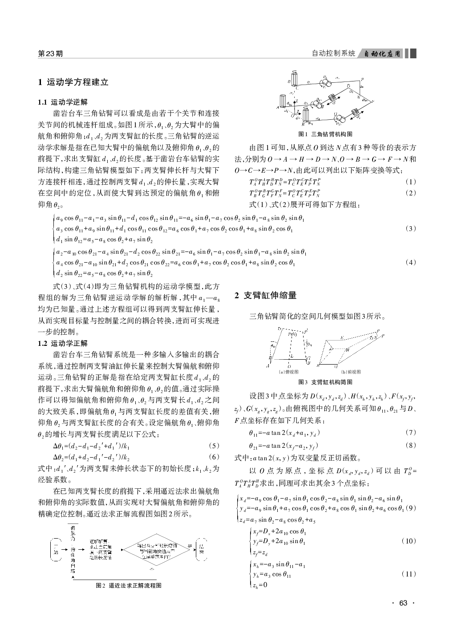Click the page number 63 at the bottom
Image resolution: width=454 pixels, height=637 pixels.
403,603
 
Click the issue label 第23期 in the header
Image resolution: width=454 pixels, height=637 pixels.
50,54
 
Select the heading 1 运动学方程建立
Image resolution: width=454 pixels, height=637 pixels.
73,82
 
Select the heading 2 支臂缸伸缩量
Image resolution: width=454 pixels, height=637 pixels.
265,295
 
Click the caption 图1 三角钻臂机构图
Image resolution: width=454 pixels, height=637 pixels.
326,134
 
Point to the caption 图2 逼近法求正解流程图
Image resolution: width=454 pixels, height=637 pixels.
129,585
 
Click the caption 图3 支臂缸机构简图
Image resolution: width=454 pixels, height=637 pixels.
325,382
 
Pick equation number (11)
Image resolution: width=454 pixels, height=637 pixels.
409,574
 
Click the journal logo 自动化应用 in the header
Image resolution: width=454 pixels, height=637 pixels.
382,54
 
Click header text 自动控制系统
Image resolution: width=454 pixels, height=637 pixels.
333,54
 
